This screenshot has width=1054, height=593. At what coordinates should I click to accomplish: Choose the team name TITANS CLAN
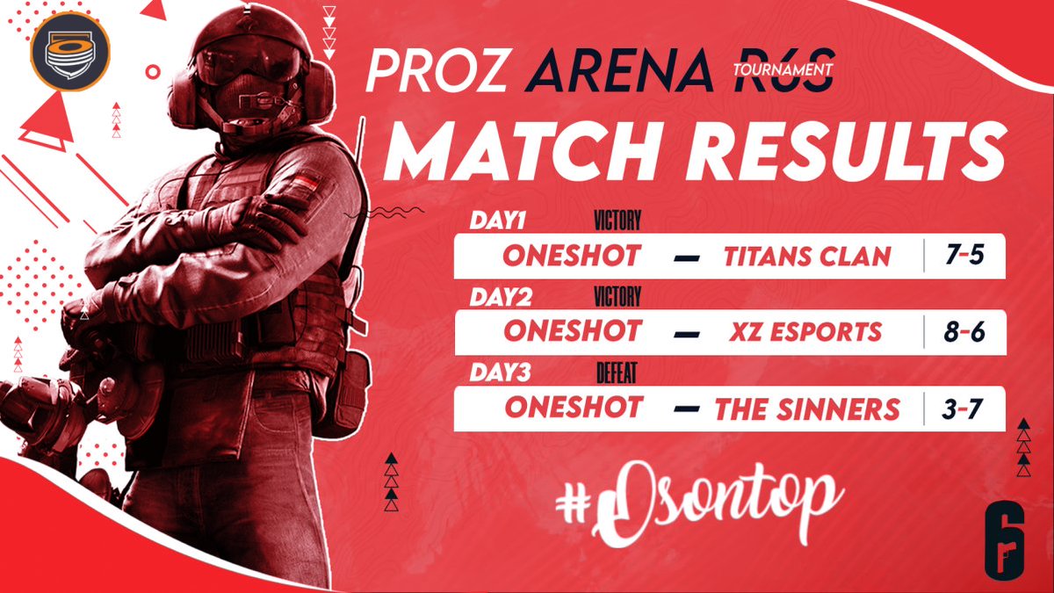[807, 256]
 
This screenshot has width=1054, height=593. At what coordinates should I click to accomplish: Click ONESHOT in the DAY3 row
[573, 408]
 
